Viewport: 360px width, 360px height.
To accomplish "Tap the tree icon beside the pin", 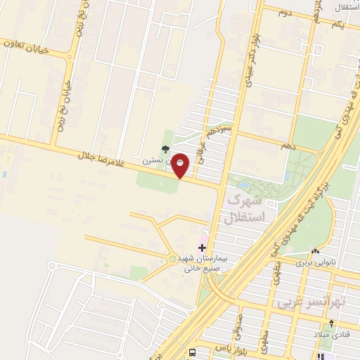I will coord(165,148).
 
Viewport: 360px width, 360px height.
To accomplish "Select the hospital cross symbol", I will coord(202,247).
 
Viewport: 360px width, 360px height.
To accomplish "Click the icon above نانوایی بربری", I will coord(316,251).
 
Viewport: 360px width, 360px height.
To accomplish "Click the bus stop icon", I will coord(192,352).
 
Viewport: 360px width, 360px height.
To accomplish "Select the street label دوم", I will coord(284,13).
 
